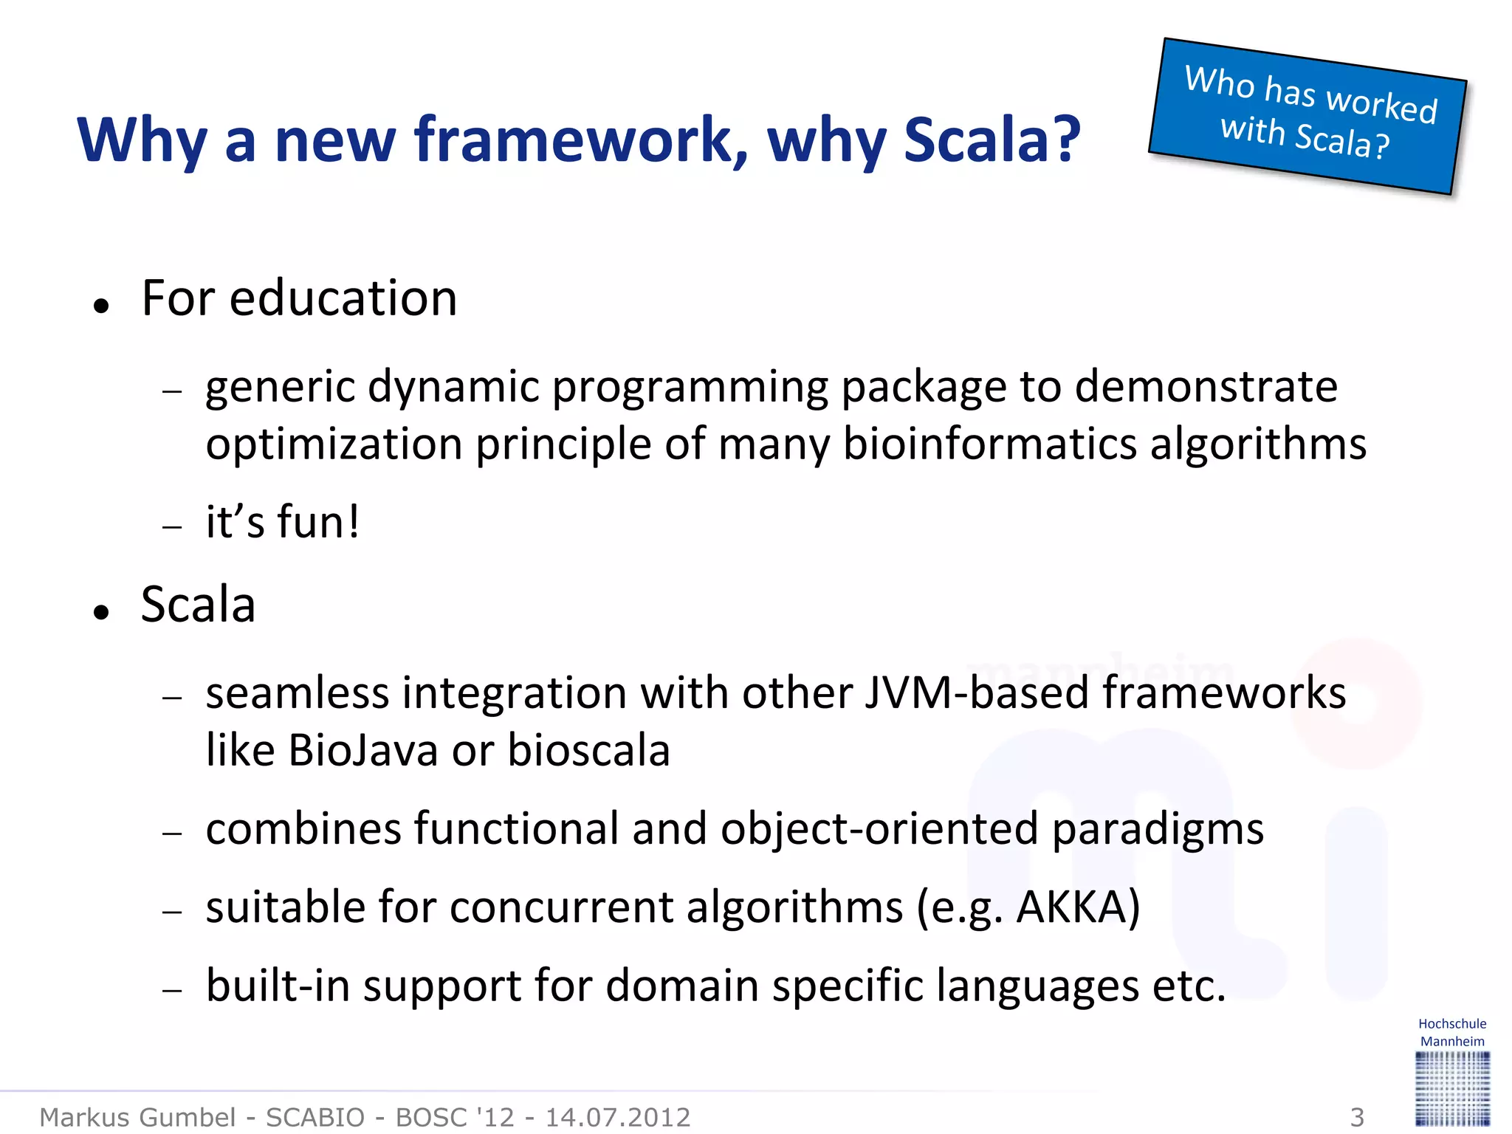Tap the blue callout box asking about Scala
tap(1307, 116)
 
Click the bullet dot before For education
tap(102, 305)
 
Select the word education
tap(343, 298)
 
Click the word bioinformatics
tap(989, 444)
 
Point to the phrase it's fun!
tap(282, 521)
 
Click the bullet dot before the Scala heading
tap(102, 611)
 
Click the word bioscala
tap(588, 751)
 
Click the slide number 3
tap(1357, 1117)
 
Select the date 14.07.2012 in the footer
tap(617, 1117)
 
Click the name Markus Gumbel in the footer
tap(137, 1117)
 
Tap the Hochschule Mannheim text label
tap(1452, 1032)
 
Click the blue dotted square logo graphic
tap(1452, 1088)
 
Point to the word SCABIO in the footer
tap(315, 1117)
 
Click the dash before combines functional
tap(172, 833)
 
